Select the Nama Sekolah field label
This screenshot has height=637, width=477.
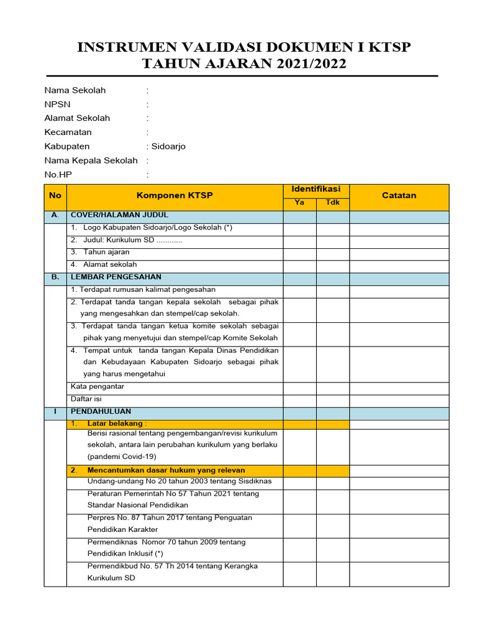[75, 90]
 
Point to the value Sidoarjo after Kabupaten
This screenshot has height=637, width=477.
[168, 146]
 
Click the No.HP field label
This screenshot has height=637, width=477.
[58, 175]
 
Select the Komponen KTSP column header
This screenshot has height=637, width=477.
[175, 195]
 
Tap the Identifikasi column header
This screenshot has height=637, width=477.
[316, 189]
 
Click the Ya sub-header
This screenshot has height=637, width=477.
[299, 203]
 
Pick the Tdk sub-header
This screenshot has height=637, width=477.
[333, 203]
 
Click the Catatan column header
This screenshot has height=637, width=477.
[399, 195]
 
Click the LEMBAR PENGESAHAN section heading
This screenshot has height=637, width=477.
[116, 277]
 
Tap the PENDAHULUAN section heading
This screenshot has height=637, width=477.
[101, 412]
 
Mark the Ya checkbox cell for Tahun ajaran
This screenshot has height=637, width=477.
[299, 253]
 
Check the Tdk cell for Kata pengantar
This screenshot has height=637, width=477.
[333, 387]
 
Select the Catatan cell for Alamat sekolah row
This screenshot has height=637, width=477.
[399, 265]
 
